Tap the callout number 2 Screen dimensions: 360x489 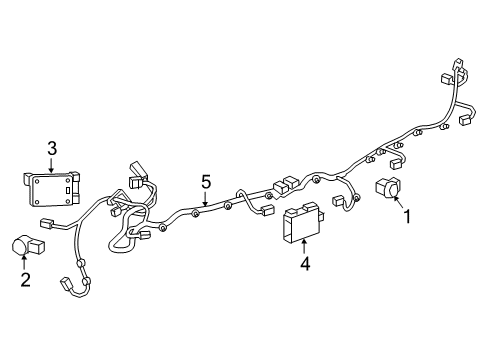[x=26, y=279]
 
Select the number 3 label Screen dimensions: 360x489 [x=51, y=150]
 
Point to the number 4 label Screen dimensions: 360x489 [x=304, y=264]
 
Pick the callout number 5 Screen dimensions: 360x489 [x=205, y=182]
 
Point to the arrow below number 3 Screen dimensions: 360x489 [x=51, y=164]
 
